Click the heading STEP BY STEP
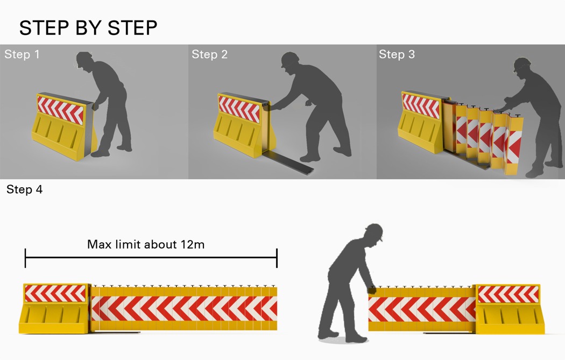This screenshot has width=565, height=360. pyautogui.click(x=88, y=28)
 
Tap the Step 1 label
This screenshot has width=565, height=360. pyautogui.click(x=22, y=54)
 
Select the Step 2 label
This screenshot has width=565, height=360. pyautogui.click(x=209, y=54)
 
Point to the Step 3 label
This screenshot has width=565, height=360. pyautogui.click(x=397, y=54)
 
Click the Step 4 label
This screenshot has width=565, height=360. pyautogui.click(x=24, y=190)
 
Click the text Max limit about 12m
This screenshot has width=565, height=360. pyautogui.click(x=146, y=244)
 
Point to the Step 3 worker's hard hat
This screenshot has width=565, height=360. pyautogui.click(x=521, y=63)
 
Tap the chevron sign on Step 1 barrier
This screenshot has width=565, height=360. pyautogui.click(x=60, y=110)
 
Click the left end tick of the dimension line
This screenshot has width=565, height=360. pyautogui.click(x=25, y=258)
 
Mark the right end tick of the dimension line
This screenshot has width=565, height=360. pyautogui.click(x=277, y=258)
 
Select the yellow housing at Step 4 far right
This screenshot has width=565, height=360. pyautogui.click(x=508, y=309)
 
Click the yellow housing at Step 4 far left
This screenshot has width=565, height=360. pyautogui.click(x=54, y=309)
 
